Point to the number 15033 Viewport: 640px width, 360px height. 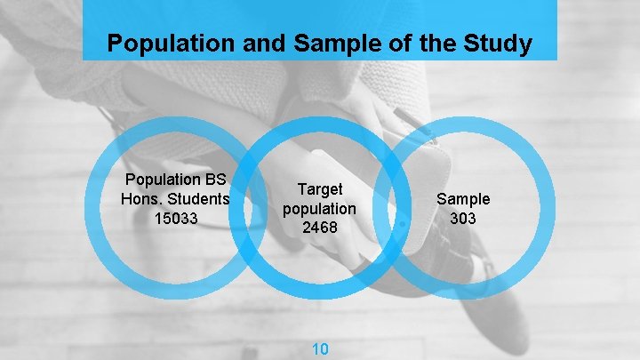click(x=176, y=217)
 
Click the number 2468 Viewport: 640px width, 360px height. click(x=319, y=228)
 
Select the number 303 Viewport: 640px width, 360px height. click(x=462, y=217)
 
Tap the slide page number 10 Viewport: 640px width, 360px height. click(x=319, y=348)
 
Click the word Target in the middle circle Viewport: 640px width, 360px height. click(x=320, y=189)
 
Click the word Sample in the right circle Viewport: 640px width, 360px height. click(x=462, y=199)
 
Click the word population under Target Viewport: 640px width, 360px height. click(x=319, y=209)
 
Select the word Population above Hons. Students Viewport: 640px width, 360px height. click(x=164, y=179)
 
